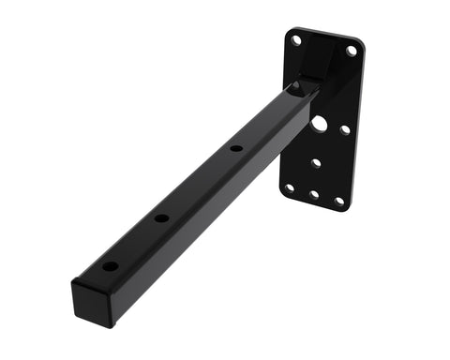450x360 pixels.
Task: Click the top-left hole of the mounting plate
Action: click(296, 40)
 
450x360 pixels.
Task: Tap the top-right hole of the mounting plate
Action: click(351, 51)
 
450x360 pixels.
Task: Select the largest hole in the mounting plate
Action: click(320, 123)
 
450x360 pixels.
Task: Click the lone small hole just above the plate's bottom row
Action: click(316, 162)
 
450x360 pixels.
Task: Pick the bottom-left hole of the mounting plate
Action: click(289, 187)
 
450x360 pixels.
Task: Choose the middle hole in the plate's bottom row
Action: click(313, 195)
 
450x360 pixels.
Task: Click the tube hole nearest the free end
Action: click(111, 266)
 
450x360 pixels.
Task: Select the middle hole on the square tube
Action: click(162, 217)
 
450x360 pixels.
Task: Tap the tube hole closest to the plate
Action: click(236, 148)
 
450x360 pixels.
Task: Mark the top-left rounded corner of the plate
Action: click(288, 32)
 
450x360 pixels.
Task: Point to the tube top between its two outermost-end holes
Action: click(137, 242)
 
